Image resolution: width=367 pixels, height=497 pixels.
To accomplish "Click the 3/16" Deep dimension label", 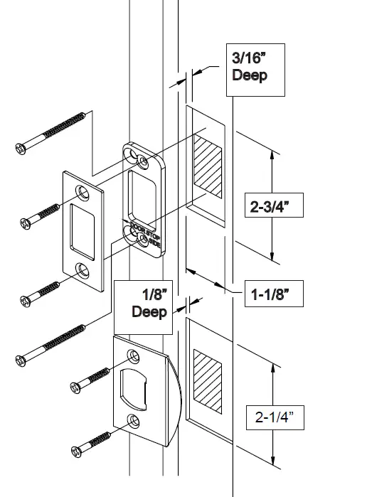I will pyautogui.click(x=250, y=66).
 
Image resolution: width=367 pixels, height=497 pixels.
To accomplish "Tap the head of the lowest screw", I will pyautogui.click(x=78, y=450).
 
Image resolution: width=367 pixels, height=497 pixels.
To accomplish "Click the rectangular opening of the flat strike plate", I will pyautogui.click(x=85, y=230).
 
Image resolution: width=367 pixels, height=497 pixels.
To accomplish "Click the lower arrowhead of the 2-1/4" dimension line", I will pyautogui.click(x=273, y=460).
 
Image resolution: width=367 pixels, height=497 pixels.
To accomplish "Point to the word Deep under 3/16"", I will pyautogui.click(x=250, y=75).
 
